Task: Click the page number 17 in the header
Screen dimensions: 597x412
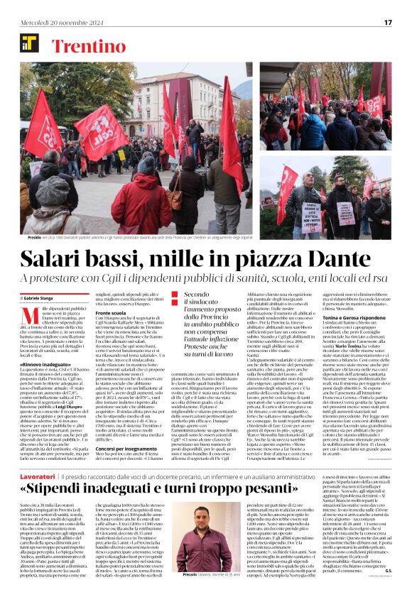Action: [388, 22]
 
